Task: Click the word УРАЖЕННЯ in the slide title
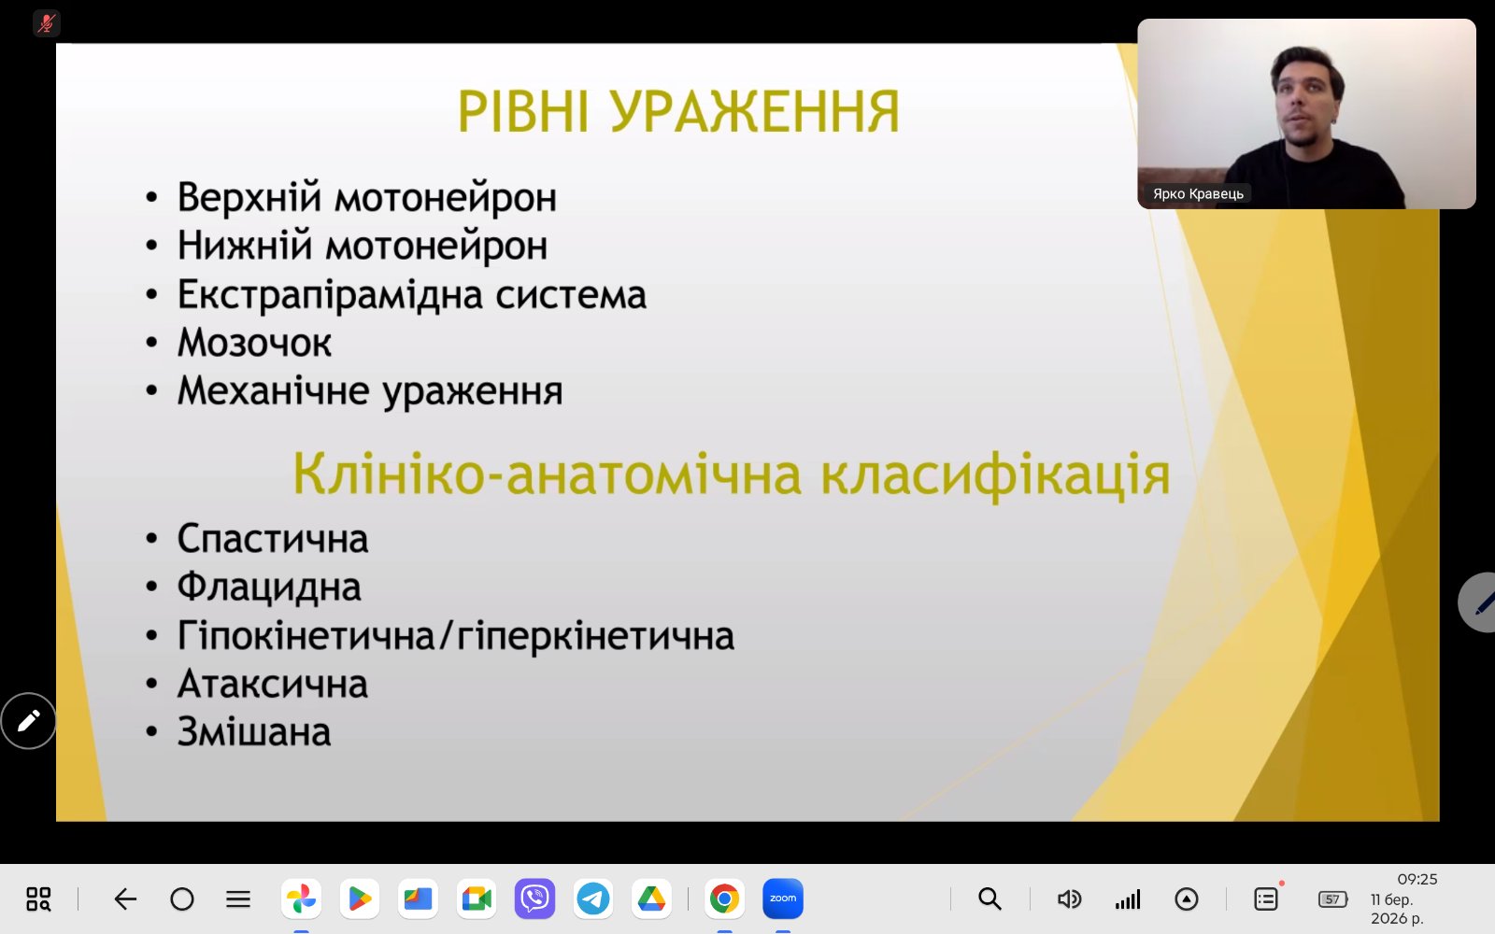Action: pyautogui.click(x=755, y=111)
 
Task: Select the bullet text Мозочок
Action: pyautogui.click(x=254, y=343)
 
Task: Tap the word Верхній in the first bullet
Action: pyautogui.click(x=249, y=198)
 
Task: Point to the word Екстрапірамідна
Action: pyautogui.click(x=330, y=295)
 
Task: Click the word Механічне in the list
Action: pyautogui.click(x=273, y=391)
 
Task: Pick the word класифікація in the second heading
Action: pyautogui.click(x=995, y=475)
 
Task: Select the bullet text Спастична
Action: pyautogui.click(x=272, y=539)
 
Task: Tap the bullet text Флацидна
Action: pyautogui.click(x=269, y=587)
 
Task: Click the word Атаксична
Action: pyautogui.click(x=272, y=685)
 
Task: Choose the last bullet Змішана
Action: pyautogui.click(x=253, y=732)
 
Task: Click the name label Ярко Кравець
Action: pyautogui.click(x=1198, y=193)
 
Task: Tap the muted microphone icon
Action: pyautogui.click(x=46, y=23)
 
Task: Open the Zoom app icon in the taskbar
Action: pyautogui.click(x=783, y=899)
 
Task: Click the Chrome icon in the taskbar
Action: pyautogui.click(x=724, y=899)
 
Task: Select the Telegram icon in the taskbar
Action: pyautogui.click(x=592, y=899)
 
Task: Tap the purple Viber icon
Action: pyautogui.click(x=534, y=899)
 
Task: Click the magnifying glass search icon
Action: pyautogui.click(x=990, y=899)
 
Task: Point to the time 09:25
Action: pyautogui.click(x=1417, y=879)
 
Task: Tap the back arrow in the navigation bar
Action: pyautogui.click(x=125, y=899)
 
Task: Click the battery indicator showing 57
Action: pyautogui.click(x=1332, y=899)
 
